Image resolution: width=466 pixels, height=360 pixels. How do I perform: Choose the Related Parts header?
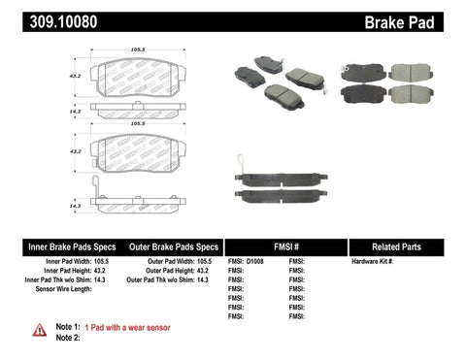[399, 245]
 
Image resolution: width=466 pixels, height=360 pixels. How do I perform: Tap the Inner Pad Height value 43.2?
[102, 271]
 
